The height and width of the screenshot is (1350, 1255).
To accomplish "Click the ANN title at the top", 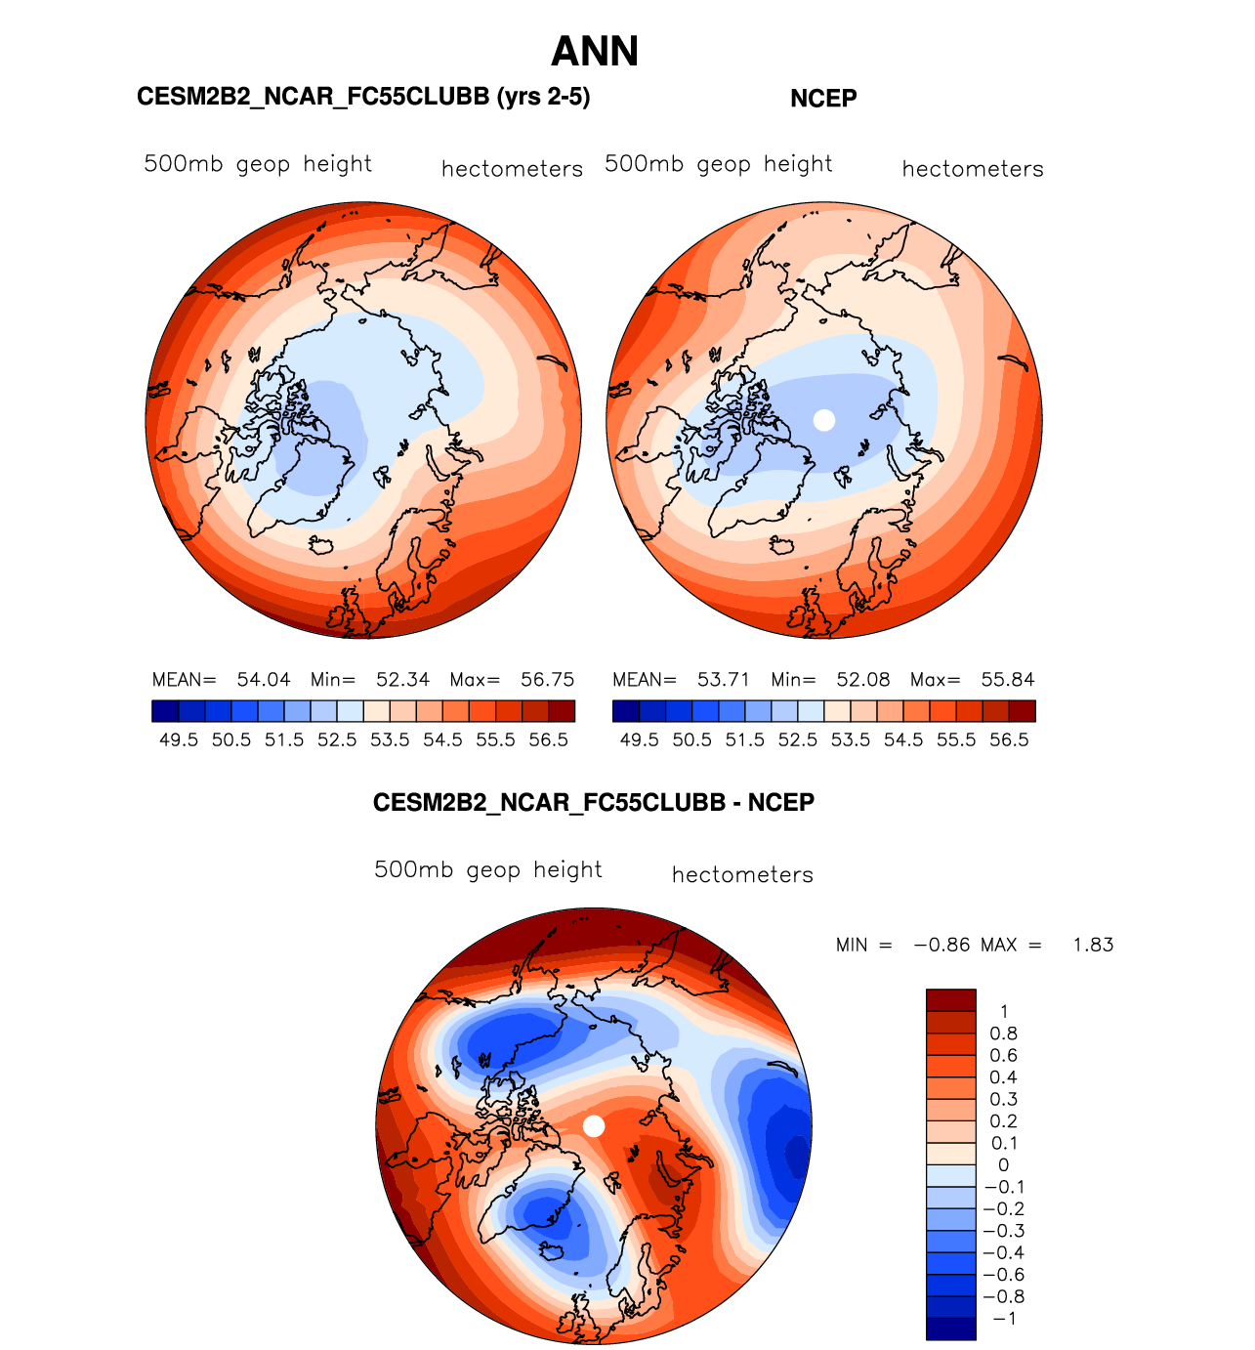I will pyautogui.click(x=595, y=52).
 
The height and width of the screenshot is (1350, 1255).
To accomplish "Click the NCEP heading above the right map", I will pyautogui.click(x=823, y=99).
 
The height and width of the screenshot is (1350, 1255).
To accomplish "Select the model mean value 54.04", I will pyautogui.click(x=264, y=680).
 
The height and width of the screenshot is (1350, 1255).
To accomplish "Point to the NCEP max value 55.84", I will pyautogui.click(x=1008, y=680).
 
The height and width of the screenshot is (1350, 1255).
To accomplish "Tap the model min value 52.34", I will pyautogui.click(x=402, y=680).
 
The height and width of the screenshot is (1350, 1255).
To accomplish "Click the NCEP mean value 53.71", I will pyautogui.click(x=724, y=680).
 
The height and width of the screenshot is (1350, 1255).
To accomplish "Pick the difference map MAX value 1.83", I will pyautogui.click(x=1093, y=945).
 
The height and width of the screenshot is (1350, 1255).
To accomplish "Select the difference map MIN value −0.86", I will pyautogui.click(x=941, y=945).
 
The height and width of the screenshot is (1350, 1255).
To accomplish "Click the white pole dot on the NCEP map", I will pyautogui.click(x=824, y=420).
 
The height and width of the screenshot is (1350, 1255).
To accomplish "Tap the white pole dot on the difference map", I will pyautogui.click(x=594, y=1126).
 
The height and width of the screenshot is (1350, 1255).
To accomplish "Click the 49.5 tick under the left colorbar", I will pyautogui.click(x=179, y=740).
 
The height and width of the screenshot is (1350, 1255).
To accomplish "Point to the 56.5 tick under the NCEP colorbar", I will pyautogui.click(x=1009, y=740).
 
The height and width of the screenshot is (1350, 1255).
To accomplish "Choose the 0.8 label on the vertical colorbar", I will pyautogui.click(x=1003, y=1034).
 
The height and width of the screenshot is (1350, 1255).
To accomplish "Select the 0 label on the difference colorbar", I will pyautogui.click(x=1003, y=1165).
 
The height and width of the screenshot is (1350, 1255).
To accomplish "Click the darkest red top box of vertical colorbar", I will pyautogui.click(x=950, y=1000).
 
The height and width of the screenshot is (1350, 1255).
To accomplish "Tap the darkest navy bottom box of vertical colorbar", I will pyautogui.click(x=950, y=1329).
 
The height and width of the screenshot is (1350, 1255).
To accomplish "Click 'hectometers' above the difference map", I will pyautogui.click(x=742, y=875).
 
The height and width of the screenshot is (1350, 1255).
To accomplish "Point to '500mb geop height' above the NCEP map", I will pyautogui.click(x=719, y=164).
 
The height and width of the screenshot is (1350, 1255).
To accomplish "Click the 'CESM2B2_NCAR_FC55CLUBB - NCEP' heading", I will pyautogui.click(x=594, y=803).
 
